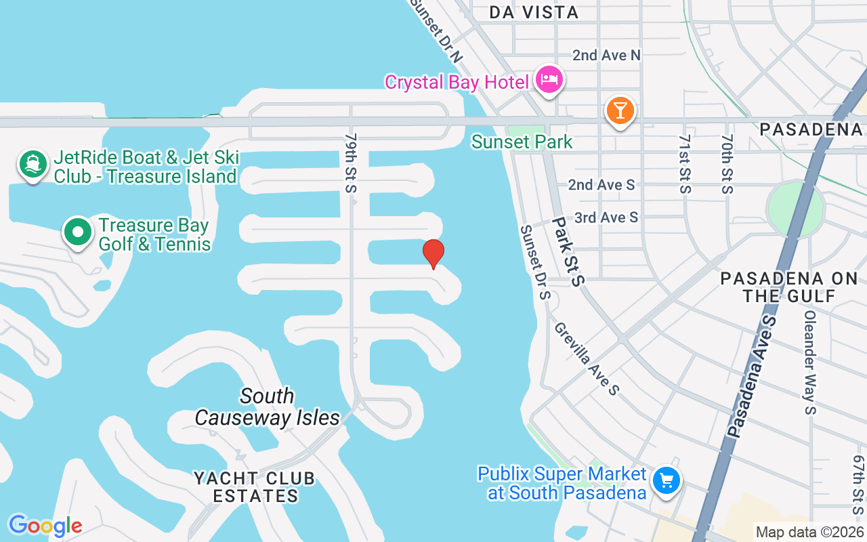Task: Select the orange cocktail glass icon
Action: pos(620,110)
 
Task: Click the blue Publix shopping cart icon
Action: pos(667,481)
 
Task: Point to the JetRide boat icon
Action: pos(33,165)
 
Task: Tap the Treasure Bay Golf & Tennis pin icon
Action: pos(78,232)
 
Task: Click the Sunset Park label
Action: pos(522,142)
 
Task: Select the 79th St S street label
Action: pos(350,163)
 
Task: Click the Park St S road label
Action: pos(567,251)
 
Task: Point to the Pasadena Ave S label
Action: pos(750,375)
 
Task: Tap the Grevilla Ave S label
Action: pos(587,358)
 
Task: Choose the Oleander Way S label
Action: pos(810,362)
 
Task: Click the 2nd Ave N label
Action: pos(606,55)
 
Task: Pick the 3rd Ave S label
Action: pos(606,217)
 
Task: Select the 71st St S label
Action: pos(685,163)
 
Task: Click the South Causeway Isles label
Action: pos(268,406)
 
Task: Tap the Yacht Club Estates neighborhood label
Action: pos(255,487)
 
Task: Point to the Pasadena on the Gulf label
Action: pos(789,287)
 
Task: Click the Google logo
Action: pos(45,525)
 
